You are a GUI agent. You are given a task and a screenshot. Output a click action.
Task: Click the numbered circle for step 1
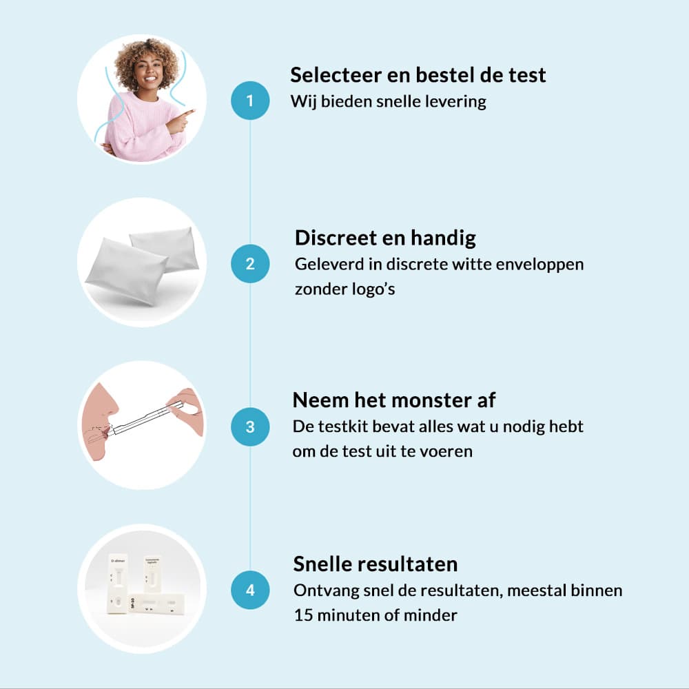pyautogui.click(x=250, y=100)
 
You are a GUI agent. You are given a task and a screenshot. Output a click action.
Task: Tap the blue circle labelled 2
pyautogui.click(x=250, y=264)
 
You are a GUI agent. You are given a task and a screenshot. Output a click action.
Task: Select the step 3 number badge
pyautogui.click(x=250, y=426)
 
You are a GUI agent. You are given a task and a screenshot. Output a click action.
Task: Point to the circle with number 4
pyautogui.click(x=250, y=590)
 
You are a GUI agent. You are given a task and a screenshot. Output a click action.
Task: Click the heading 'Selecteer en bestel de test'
pyautogui.click(x=418, y=74)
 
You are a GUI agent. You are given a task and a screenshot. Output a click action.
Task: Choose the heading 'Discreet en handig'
pyautogui.click(x=385, y=238)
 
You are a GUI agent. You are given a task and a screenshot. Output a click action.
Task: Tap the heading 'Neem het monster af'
pyautogui.click(x=393, y=400)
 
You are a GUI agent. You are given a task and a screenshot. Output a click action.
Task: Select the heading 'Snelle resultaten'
pyautogui.click(x=376, y=564)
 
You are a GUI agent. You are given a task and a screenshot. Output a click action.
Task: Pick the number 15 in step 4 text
pyautogui.click(x=302, y=615)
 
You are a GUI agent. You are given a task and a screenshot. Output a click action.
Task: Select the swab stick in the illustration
pyautogui.click(x=140, y=420)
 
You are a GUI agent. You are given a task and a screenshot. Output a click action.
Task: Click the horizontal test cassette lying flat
pyautogui.click(x=157, y=605)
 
